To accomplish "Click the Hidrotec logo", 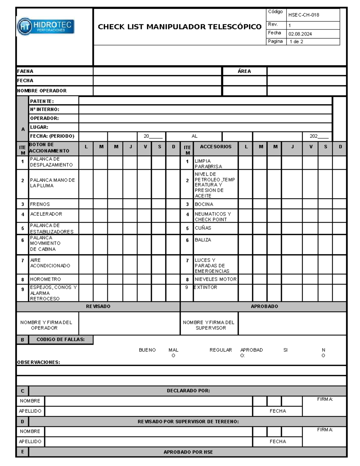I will coord(46,26).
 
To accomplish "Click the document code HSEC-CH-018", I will coord(304,15).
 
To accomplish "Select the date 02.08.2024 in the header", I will coord(300,34).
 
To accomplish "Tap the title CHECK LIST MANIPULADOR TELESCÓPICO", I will coord(179,27).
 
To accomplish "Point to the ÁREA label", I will coord(244,71).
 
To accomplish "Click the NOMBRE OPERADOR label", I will coord(42,91).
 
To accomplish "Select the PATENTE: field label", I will coord(42,101).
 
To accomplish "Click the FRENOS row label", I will coord(40,204).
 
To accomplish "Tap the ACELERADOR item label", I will coord(46,214).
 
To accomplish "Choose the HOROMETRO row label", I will coord(45,279).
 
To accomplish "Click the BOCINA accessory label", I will coord(204,204).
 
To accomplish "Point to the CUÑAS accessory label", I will coord(203,228).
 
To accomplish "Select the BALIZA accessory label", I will coord(203,240).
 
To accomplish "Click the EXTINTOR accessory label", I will coord(205,287).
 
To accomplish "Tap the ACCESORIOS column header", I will coord(216,147).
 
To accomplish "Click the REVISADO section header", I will coord(98,306).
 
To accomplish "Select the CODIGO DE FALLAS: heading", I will coord(61,340).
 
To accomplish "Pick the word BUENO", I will coord(147,350).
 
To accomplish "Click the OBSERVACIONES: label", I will coord(38,362).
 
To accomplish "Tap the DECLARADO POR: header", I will coord(188,391).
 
